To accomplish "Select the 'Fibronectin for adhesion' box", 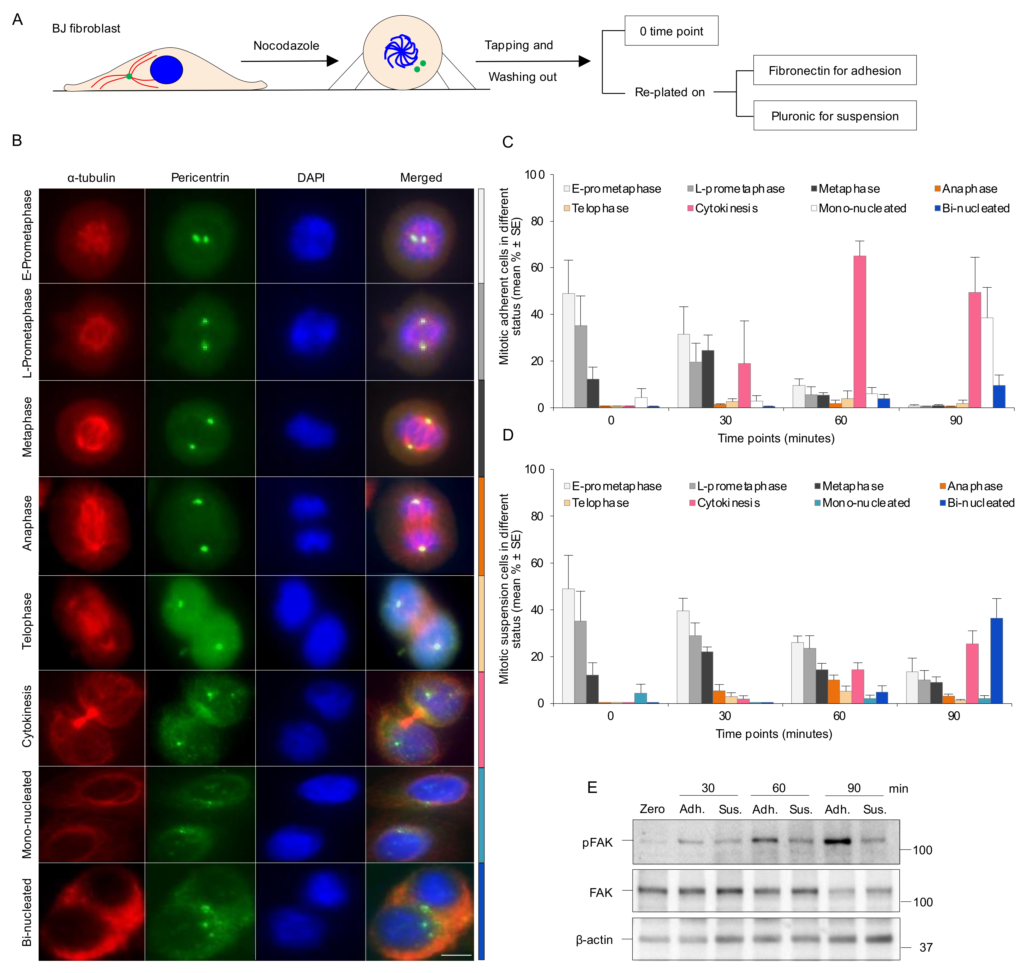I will point(835,71).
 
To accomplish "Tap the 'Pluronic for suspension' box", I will point(835,116).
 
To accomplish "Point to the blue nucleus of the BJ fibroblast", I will point(166,70).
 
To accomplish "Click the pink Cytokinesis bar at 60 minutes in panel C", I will point(859,332).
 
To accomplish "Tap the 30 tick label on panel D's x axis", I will point(725,716).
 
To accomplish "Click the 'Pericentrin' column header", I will point(200,178).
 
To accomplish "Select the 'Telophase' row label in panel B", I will point(27,621).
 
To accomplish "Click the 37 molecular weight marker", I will point(925,948).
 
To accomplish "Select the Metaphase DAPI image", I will point(311,429).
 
